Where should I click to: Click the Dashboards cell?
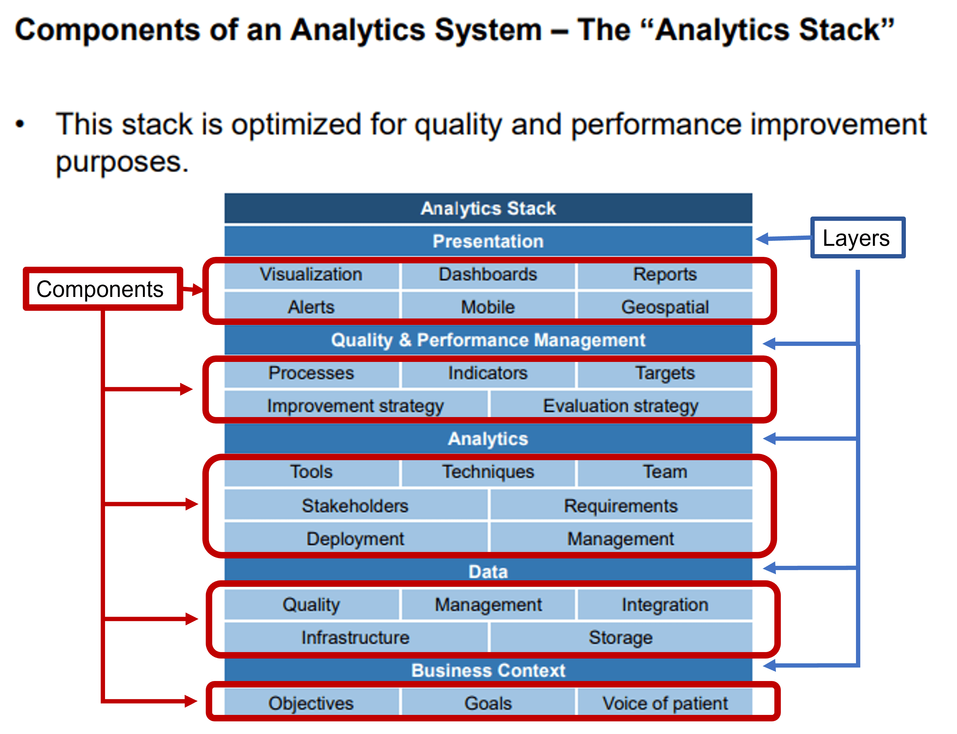(488, 274)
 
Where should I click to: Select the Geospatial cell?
(664, 307)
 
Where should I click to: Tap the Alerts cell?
(311, 307)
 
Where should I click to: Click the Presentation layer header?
(488, 241)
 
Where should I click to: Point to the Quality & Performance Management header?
(488, 340)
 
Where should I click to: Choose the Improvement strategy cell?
(355, 406)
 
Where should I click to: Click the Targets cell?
(664, 373)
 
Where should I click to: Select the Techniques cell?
(488, 472)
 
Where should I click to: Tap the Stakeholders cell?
(355, 506)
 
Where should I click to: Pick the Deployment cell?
(355, 539)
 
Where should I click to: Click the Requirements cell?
(620, 506)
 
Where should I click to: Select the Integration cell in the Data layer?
(664, 605)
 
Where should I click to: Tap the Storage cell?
(620, 638)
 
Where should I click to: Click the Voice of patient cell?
(664, 704)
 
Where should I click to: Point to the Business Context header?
(488, 670)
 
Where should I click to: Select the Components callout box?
(102, 289)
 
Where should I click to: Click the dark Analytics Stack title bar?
(488, 209)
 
